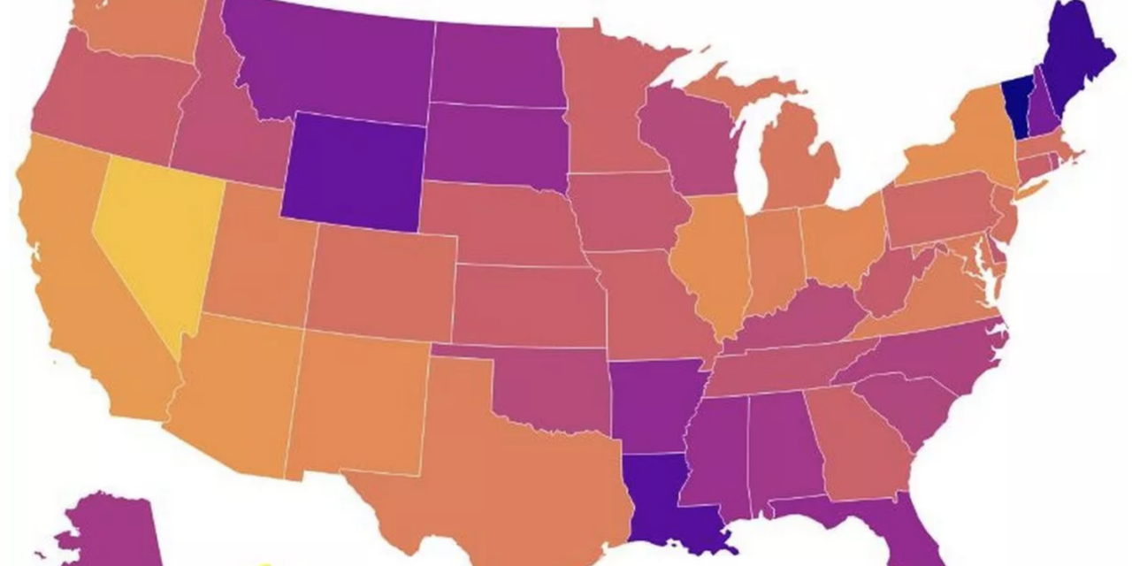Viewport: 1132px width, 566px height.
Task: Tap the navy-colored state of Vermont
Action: click(x=1018, y=106)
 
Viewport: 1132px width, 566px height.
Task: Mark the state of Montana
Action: click(x=327, y=62)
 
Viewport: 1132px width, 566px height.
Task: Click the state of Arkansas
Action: click(x=654, y=402)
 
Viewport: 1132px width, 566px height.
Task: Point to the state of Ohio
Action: click(x=840, y=239)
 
